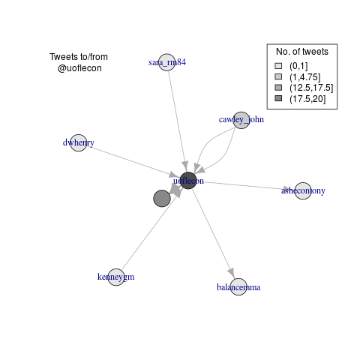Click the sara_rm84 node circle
167,62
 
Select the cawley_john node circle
241,120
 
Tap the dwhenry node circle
79,142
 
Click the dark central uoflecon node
188,181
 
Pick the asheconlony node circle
303,190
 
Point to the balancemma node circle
238,286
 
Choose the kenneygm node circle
116,277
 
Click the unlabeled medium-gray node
162,199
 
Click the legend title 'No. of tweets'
302,52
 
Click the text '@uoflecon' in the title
79,68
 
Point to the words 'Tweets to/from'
79,57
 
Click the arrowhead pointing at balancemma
232,272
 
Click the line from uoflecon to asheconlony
246,185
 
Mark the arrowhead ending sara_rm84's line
184,166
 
